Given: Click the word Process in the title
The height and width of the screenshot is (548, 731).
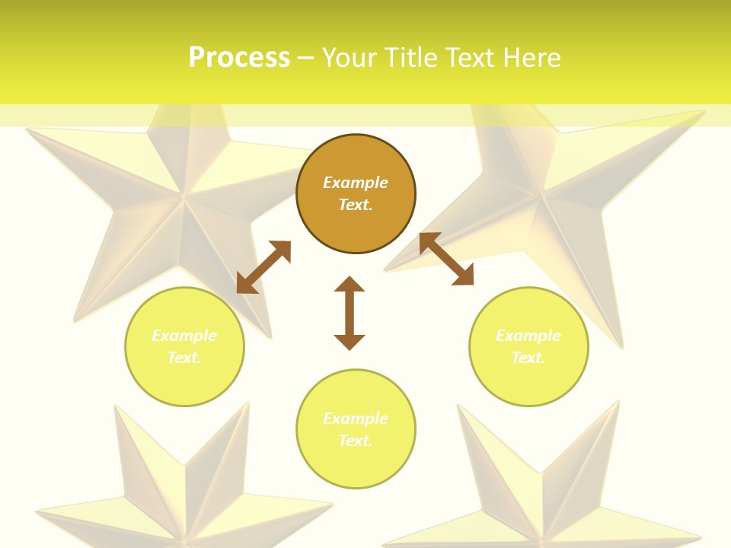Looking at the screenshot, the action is (x=239, y=58).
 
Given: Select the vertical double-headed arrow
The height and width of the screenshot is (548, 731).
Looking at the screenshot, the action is (x=350, y=314).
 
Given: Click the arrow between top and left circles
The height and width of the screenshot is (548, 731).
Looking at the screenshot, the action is (x=263, y=267).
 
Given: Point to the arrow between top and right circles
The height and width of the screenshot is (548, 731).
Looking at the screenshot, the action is (x=446, y=259).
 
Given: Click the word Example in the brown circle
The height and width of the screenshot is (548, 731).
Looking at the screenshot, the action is (x=356, y=183).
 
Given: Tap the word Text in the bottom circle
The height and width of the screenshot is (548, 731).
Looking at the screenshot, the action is (x=354, y=441).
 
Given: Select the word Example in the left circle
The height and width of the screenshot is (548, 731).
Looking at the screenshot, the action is (x=184, y=336).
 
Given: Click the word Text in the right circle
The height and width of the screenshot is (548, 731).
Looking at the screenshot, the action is (x=527, y=358).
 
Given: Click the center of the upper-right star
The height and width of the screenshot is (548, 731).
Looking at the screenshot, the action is (x=543, y=199).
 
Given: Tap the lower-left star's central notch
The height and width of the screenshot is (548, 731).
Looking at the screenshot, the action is (x=185, y=464).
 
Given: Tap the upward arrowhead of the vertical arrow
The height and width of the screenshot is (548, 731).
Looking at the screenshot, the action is (x=350, y=285).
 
